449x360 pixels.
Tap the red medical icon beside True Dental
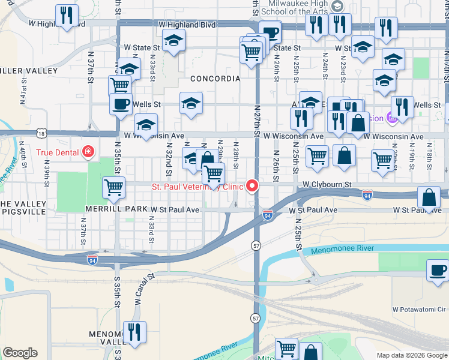click(x=88, y=152)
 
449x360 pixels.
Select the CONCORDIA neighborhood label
click(x=215, y=79)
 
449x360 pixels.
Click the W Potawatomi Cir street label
click(x=420, y=310)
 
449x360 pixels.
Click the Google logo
click(x=20, y=353)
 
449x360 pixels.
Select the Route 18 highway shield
click(x=40, y=133)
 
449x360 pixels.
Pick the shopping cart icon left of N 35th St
click(x=113, y=187)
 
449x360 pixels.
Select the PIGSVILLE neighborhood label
click(x=22, y=212)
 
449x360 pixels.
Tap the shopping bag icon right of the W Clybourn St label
click(x=430, y=197)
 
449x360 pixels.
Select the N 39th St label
click(x=46, y=172)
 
